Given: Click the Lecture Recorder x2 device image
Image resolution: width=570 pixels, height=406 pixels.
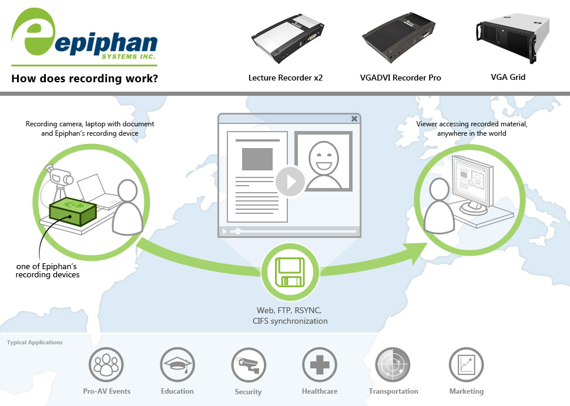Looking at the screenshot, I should point(287,38).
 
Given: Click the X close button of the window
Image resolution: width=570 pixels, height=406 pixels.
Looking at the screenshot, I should point(354,119).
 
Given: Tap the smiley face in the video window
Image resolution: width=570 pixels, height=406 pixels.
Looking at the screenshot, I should point(323,160).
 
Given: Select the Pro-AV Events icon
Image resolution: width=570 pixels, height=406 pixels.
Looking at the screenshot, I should point(106,364).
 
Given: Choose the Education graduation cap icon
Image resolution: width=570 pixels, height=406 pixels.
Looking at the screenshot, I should point(177,364).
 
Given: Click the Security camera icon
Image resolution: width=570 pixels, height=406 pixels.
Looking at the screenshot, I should point(248,364).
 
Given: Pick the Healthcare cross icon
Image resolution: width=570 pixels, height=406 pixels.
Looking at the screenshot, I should point(319,364).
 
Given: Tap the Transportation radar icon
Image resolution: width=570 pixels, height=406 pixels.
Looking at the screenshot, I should point(393,364).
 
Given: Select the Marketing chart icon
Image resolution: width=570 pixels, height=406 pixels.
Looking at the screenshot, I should point(466,364).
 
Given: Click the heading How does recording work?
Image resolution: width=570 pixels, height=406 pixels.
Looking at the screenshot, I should point(85,78).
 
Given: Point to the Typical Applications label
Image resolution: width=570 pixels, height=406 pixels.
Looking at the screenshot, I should point(35,342).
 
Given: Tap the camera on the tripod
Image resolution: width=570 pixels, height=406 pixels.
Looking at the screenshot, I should point(59,176).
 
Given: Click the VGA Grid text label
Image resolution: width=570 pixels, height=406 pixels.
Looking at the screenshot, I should point(508,77).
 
